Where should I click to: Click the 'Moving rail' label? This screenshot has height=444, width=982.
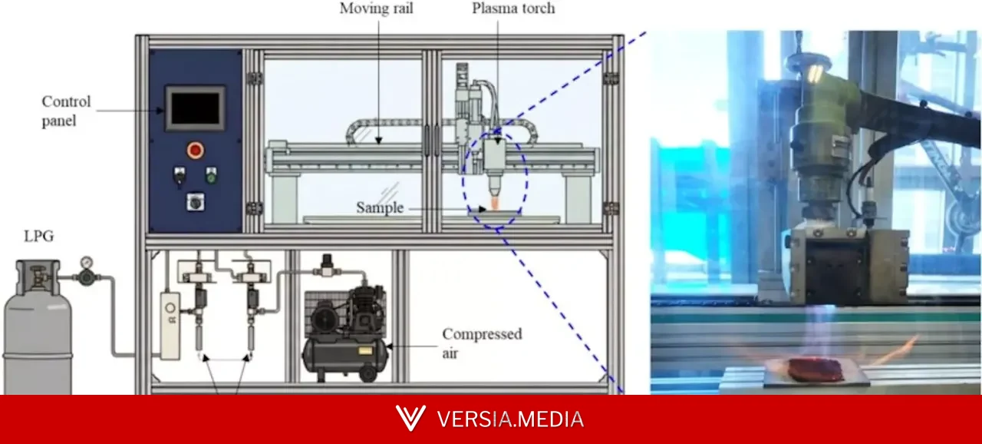[376, 8]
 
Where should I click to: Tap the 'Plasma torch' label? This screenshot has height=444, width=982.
[513, 8]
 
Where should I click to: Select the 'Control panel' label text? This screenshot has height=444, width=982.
[66, 111]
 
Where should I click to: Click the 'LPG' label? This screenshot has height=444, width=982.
[38, 236]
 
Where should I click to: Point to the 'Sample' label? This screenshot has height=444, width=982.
[380, 207]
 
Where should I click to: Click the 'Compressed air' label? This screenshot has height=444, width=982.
[482, 343]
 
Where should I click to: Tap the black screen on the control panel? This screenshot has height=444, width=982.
[195, 108]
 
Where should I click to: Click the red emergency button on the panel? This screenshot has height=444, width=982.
[195, 151]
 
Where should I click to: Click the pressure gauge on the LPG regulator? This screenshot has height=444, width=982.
[87, 262]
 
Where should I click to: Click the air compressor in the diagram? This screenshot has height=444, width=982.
[345, 333]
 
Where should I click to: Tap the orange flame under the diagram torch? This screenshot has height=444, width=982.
[495, 202]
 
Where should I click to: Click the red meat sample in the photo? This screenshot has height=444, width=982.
[816, 369]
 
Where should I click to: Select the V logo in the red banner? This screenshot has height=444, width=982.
[410, 418]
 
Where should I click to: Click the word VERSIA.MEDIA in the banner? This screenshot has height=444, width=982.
[511, 419]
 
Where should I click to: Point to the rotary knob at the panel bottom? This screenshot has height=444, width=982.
[195, 202]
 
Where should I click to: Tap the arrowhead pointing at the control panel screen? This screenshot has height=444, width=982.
[160, 111]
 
